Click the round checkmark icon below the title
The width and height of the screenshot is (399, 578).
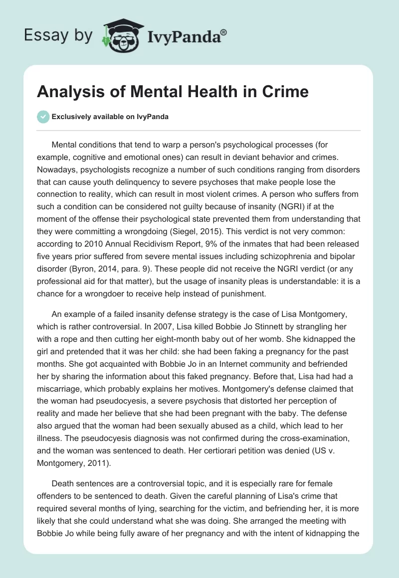[43, 117]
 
